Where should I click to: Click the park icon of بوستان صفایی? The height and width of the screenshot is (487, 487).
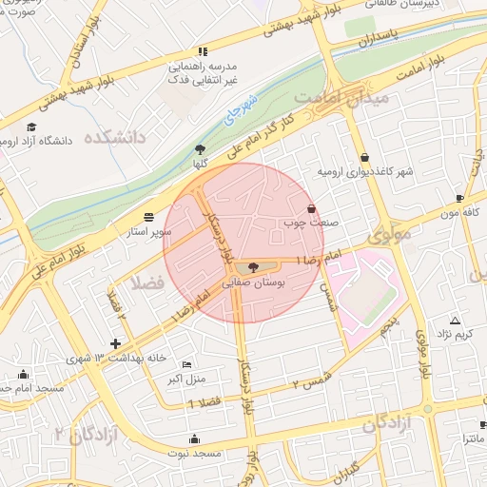[x=252, y=267]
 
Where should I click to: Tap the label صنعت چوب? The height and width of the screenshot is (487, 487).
[x=303, y=224]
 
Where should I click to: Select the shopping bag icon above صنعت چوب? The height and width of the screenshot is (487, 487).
[x=311, y=208]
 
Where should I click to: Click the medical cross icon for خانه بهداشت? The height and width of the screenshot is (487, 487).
[x=116, y=343]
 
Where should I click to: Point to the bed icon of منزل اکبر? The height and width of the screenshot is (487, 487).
[x=186, y=364]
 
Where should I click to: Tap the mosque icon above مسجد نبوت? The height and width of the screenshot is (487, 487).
[x=195, y=438]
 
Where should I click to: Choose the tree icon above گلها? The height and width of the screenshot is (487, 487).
[x=200, y=149]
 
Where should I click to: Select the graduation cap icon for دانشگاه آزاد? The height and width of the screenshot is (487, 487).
[x=31, y=127]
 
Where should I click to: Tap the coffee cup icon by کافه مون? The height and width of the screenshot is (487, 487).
[x=460, y=199]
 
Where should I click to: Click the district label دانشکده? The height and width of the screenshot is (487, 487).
[x=115, y=138]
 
